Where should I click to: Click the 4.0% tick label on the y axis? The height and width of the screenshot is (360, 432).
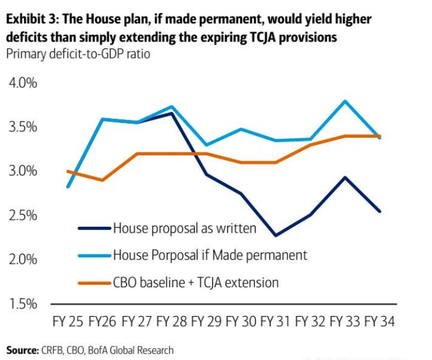pyautogui.click(x=22, y=83)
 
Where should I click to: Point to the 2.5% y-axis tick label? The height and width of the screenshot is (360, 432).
pyautogui.click(x=22, y=215)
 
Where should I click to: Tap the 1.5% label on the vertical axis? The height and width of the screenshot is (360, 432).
pyautogui.click(x=22, y=303)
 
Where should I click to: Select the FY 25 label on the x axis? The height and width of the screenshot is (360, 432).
pyautogui.click(x=68, y=322)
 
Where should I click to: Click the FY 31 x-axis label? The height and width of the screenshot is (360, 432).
pyautogui.click(x=275, y=322)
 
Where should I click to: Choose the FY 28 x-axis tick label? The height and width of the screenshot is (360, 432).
pyautogui.click(x=171, y=322)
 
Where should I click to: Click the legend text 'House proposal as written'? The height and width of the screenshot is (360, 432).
pyautogui.click(x=185, y=228)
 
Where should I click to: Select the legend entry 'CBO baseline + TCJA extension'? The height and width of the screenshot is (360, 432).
pyautogui.click(x=196, y=282)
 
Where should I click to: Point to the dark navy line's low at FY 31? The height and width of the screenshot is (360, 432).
pyautogui.click(x=275, y=236)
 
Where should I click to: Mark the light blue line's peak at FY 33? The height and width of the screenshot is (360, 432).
pyautogui.click(x=345, y=101)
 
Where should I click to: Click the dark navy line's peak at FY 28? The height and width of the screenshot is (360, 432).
pyautogui.click(x=171, y=113)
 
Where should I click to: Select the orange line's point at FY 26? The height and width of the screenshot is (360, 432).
pyautogui.click(x=102, y=180)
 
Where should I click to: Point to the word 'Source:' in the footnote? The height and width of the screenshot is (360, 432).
pyautogui.click(x=22, y=350)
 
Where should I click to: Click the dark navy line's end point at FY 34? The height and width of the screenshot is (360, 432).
pyautogui.click(x=380, y=211)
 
